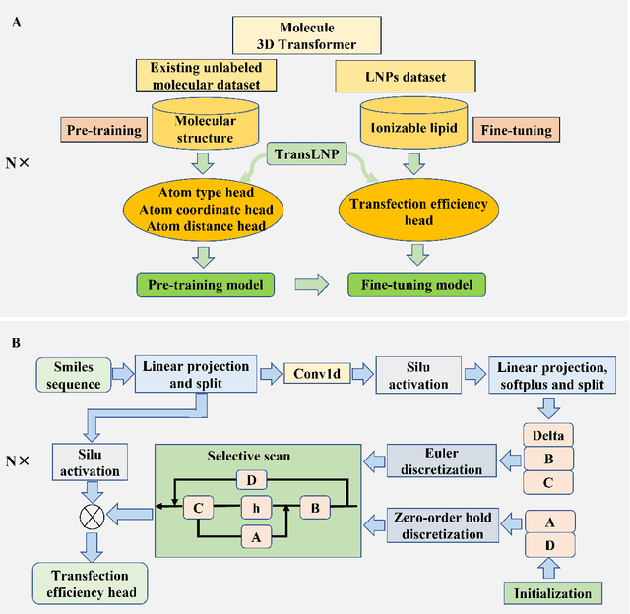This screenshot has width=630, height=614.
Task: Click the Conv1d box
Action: (x=317, y=375)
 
